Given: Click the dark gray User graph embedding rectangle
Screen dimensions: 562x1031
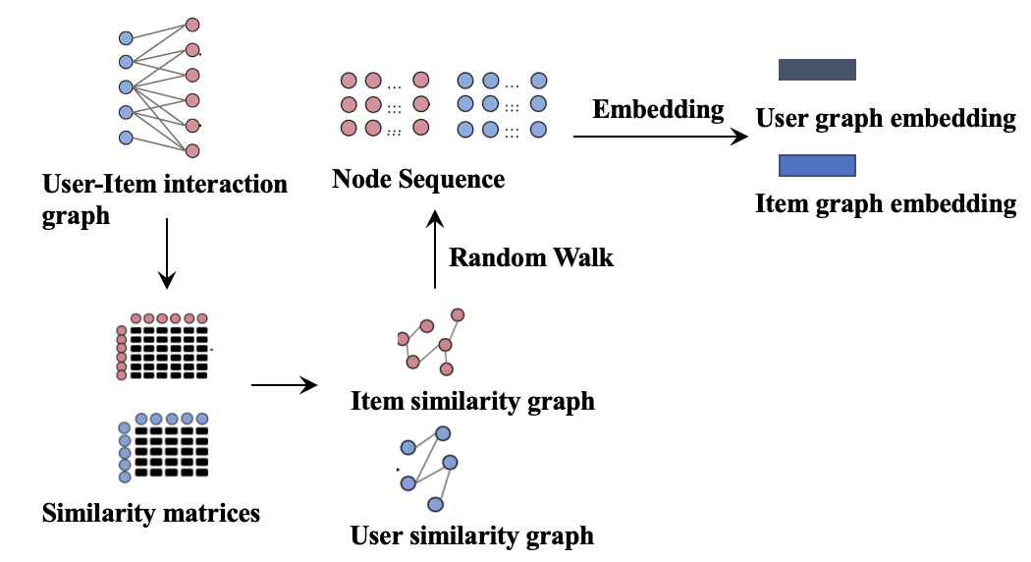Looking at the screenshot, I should coord(817,69).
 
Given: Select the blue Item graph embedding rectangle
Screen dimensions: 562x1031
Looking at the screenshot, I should coord(817,165).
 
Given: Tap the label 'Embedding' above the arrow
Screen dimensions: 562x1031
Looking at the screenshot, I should coord(658,109).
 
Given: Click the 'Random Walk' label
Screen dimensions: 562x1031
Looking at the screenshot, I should coord(531,257).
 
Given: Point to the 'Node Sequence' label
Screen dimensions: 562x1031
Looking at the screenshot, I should coord(418,179).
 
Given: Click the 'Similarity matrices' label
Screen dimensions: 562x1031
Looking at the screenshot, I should coord(151,512).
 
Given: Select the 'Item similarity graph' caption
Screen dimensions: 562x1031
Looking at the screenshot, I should coord(472,401).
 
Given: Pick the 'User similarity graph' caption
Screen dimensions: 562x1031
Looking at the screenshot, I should coord(472,535).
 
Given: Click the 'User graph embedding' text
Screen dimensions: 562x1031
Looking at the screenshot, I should coord(886,119).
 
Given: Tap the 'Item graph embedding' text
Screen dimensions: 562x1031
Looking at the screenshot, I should coord(886,204).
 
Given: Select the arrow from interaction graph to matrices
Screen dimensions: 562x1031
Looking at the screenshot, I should coord(167,253).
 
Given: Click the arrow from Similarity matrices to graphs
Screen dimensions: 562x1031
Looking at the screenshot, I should coord(286,384).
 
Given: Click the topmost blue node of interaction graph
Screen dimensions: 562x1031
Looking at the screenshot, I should coord(126,38).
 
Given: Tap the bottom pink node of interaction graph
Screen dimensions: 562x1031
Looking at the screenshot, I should coord(192,150).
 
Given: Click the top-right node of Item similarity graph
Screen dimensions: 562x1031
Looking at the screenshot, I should coord(458,315).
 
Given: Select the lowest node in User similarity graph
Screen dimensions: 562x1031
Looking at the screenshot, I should coord(436,504).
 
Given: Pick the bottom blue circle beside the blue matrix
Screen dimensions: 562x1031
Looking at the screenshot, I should coord(125,477).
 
